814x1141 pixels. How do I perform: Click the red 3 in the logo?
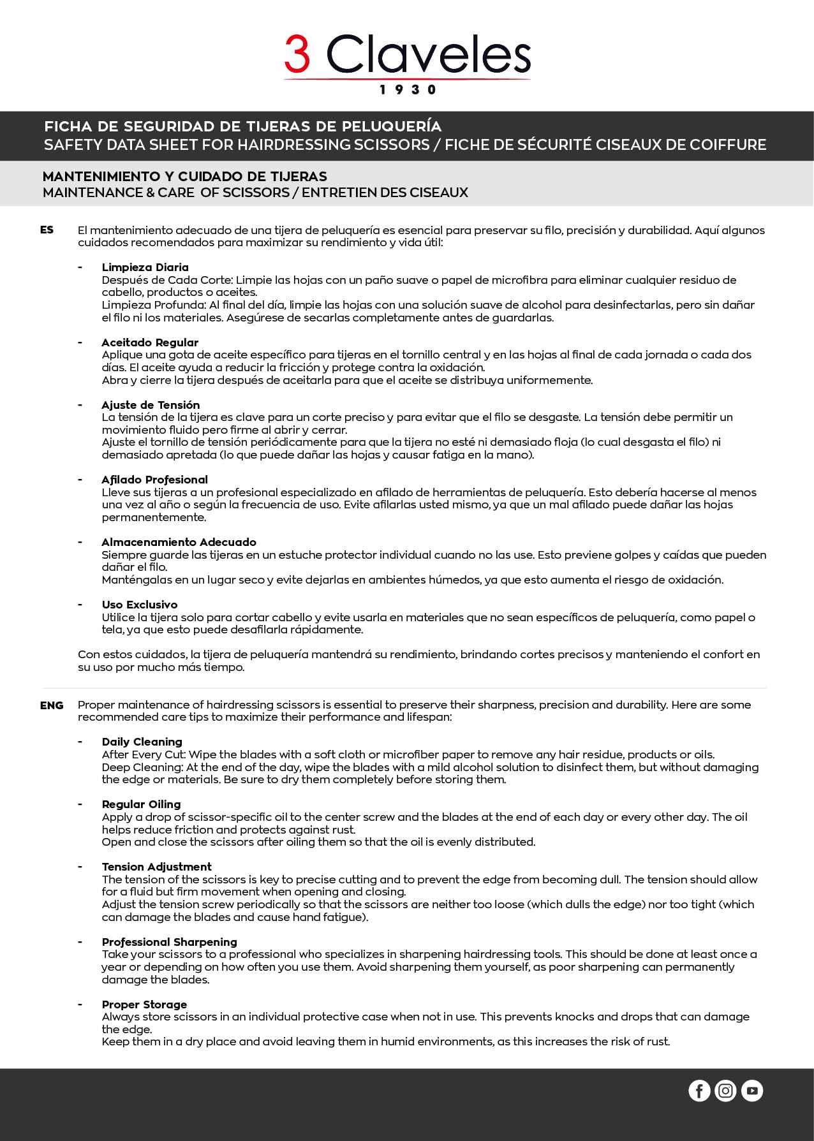coord(297,54)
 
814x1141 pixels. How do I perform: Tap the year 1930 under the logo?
coord(408,90)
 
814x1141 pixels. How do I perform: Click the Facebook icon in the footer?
coord(699,1091)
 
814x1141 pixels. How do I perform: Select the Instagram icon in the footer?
coord(725,1091)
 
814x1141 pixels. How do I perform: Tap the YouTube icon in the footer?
coord(752,1091)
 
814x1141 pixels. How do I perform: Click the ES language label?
coord(47,230)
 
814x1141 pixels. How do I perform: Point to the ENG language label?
coord(52,705)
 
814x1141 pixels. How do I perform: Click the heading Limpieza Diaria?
coord(145,267)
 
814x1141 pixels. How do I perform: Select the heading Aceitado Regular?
coord(150,342)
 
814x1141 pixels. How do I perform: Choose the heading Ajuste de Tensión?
coord(151,405)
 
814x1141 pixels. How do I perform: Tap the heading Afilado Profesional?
coord(154,480)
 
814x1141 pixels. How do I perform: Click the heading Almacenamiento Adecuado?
coord(179,542)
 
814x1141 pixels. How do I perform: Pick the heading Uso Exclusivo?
coord(140,605)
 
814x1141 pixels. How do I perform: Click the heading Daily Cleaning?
coord(142,742)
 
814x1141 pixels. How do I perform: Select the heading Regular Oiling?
coord(141,804)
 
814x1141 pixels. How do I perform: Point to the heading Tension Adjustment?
coord(156,867)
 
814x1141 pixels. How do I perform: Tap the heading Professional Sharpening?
coord(169,942)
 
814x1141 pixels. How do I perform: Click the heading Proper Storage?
coord(144,1005)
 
